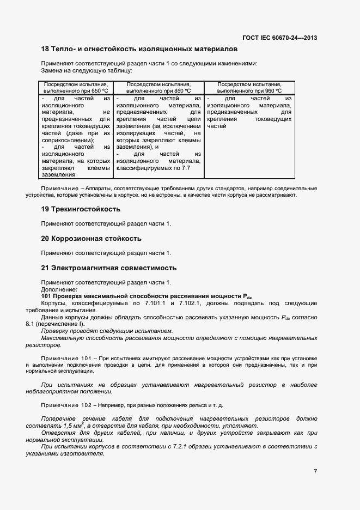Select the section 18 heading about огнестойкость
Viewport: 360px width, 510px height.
click(139, 49)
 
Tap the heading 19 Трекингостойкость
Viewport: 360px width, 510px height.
click(81, 209)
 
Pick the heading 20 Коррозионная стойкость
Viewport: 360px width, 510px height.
click(91, 239)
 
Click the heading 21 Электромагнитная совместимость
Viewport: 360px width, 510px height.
click(109, 268)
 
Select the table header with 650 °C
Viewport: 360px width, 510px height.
click(76, 88)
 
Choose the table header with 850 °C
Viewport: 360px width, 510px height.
click(158, 88)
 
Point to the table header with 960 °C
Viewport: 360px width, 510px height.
click(249, 88)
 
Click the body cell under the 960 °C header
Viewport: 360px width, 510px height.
click(249, 112)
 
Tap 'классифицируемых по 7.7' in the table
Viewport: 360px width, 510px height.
click(153, 168)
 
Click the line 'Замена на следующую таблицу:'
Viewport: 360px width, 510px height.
click(87, 70)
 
